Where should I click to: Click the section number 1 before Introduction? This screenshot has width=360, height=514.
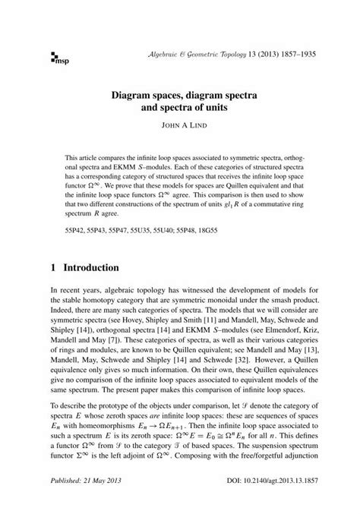53,268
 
